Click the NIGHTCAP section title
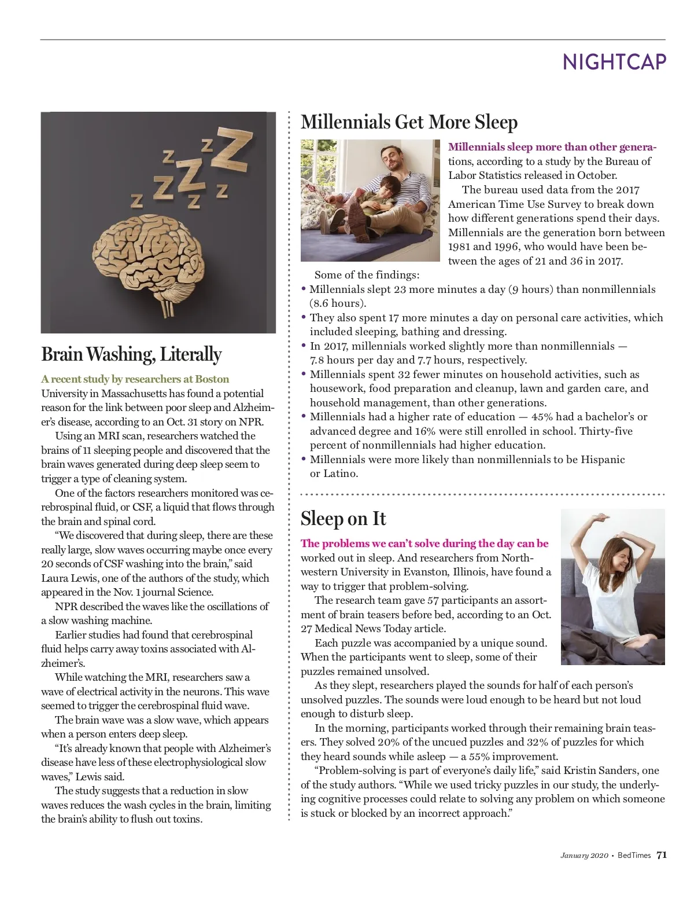614,61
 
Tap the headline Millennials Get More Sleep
409,122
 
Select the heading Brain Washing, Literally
131,354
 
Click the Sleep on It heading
343,519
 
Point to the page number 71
662,855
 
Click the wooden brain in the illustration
150,255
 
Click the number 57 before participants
434,600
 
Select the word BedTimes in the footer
634,856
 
